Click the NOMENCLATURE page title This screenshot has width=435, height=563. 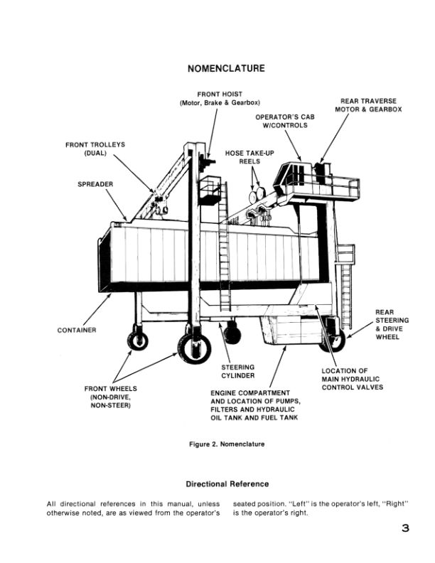[x=225, y=68]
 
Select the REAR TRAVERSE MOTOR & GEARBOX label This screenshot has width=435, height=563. [x=368, y=105]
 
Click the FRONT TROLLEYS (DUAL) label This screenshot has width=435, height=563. [x=95, y=149]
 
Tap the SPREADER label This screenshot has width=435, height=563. [x=95, y=185]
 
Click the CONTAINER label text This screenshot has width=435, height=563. [x=77, y=330]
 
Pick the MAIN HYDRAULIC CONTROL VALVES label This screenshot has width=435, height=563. [x=352, y=379]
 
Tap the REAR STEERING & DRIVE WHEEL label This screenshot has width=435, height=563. [x=392, y=324]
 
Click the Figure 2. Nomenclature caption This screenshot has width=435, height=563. [x=226, y=444]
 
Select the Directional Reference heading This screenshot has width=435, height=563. [x=227, y=484]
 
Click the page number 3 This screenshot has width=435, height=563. [x=404, y=528]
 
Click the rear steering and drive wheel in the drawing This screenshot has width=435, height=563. [x=331, y=339]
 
